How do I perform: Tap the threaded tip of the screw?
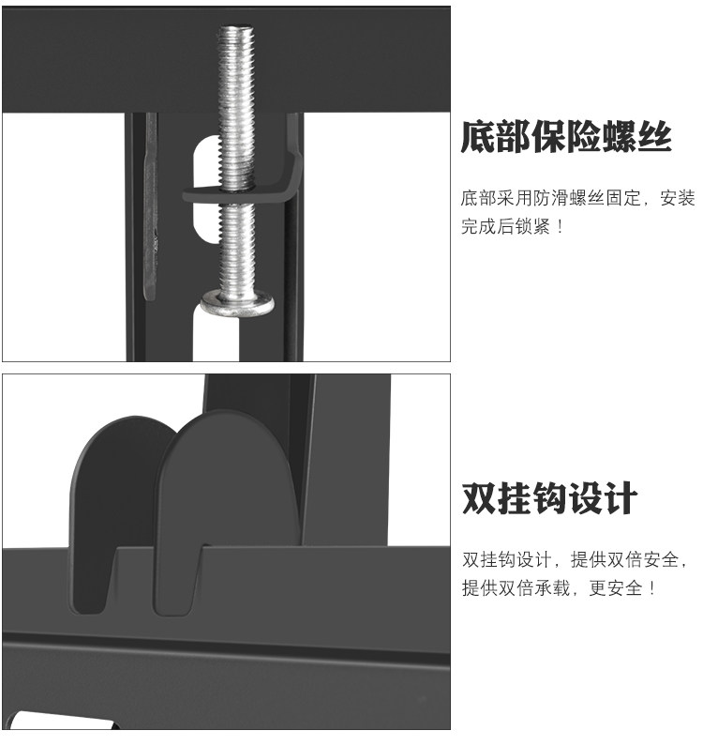236,38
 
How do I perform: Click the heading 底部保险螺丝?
566,139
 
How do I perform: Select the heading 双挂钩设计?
550,498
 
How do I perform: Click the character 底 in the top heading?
478,139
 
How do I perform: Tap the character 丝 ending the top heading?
655,139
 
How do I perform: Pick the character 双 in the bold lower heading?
479,498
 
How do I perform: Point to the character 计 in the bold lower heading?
620,498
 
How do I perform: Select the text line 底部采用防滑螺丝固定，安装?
577,199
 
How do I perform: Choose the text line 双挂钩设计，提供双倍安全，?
576,560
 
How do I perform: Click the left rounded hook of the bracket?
112,488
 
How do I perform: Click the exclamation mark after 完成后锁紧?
561,227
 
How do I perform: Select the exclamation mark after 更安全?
652,588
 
